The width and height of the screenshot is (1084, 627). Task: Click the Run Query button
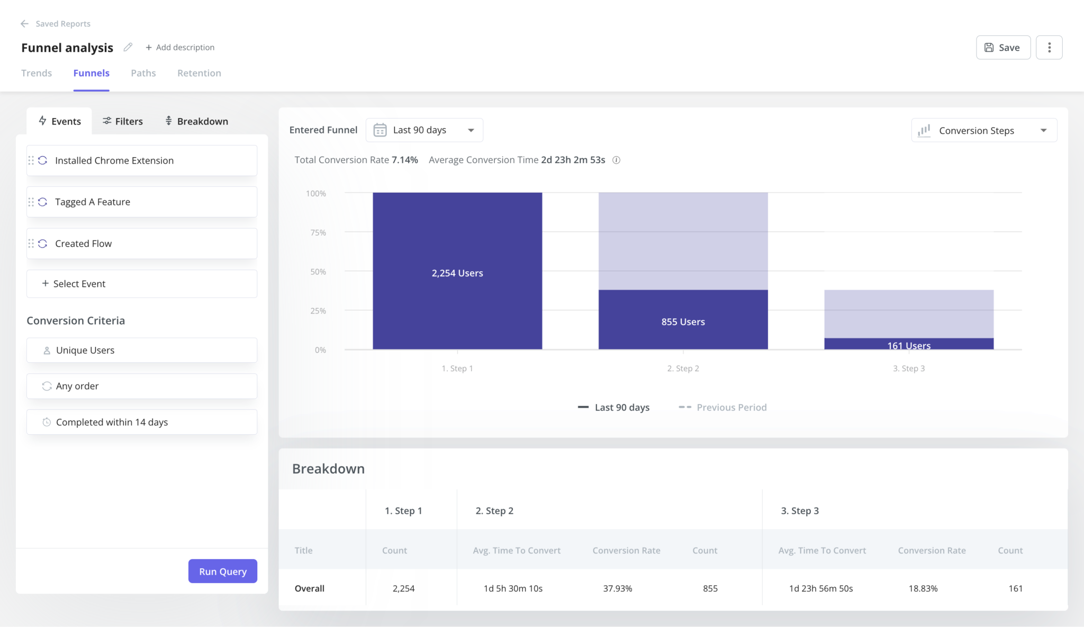[x=222, y=571]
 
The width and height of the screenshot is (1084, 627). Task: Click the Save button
[x=1002, y=48]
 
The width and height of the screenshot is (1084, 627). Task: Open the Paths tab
[x=143, y=73]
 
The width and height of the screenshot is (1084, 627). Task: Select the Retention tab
[x=199, y=73]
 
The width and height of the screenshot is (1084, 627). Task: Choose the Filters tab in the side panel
[x=123, y=121]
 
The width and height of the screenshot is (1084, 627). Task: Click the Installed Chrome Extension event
[x=142, y=160]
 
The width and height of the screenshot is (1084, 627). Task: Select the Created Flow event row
[x=142, y=244]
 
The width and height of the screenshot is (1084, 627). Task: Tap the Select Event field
[x=142, y=284]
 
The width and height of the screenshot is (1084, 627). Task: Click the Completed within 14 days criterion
[x=142, y=422]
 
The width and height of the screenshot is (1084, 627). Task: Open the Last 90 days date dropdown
[x=424, y=130]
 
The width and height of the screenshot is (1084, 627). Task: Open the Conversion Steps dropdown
[x=983, y=130]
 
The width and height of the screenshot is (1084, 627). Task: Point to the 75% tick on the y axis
[x=318, y=232]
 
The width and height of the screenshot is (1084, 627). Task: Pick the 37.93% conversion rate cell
[x=618, y=588]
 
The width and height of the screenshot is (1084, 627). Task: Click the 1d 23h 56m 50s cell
[x=821, y=588]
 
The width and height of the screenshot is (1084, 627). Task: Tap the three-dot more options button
[x=1049, y=48]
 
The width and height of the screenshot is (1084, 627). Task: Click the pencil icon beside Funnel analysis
[x=128, y=47]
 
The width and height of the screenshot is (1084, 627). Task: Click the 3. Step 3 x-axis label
[x=909, y=369]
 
